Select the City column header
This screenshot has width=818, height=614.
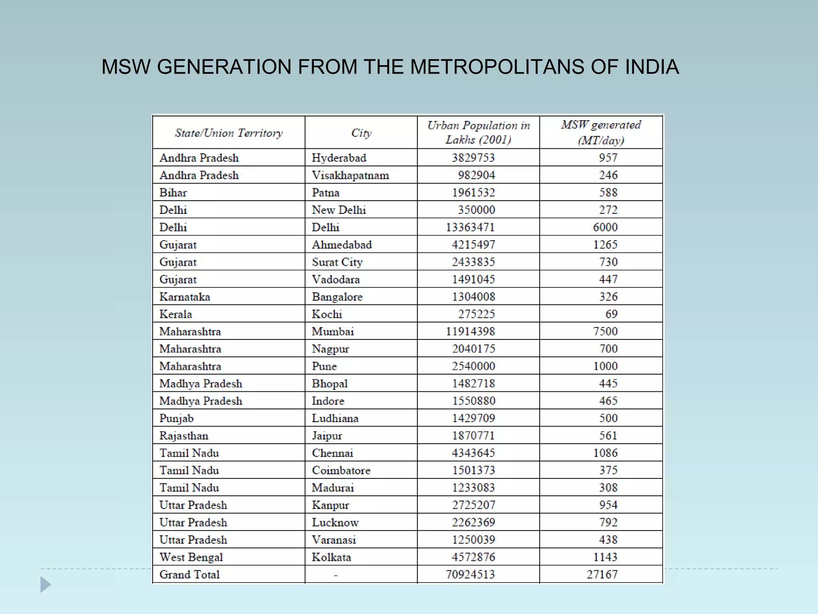click(361, 133)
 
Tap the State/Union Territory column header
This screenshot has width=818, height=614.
click(228, 133)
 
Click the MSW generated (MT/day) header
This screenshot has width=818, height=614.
click(601, 132)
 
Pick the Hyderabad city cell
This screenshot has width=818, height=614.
click(339, 158)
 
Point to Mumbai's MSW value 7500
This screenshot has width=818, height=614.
click(605, 331)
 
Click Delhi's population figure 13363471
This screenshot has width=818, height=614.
click(470, 227)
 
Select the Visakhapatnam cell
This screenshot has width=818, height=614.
click(350, 175)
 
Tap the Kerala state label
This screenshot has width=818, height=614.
click(176, 314)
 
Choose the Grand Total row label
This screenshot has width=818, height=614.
click(189, 574)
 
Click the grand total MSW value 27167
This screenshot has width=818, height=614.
click(602, 574)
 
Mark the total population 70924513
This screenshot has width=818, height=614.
click(470, 574)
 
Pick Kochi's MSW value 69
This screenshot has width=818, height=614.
click(611, 314)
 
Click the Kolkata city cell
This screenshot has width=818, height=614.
click(331, 557)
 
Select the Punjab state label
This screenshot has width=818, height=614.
click(176, 419)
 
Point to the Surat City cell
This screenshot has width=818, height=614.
click(337, 262)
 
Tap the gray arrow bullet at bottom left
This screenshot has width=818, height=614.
click(45, 584)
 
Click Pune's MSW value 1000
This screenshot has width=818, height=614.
click(605, 366)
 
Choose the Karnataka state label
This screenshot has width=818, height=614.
click(185, 297)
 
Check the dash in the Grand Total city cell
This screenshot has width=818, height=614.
click(336, 575)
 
